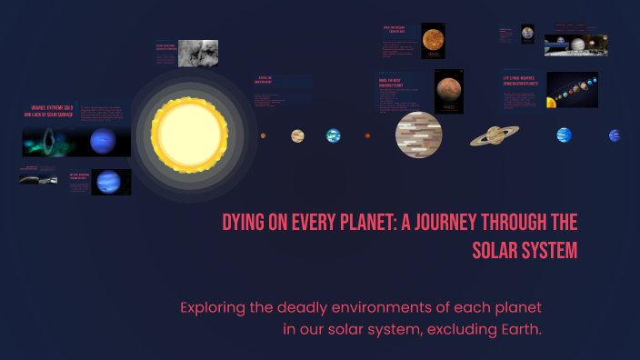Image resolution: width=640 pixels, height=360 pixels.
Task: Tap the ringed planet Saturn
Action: (x=495, y=135)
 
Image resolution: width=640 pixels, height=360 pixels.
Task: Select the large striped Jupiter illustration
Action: (x=418, y=135)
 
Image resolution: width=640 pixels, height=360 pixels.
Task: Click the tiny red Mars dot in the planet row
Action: (x=367, y=135)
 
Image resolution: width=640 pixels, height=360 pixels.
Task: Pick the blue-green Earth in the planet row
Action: (x=333, y=135)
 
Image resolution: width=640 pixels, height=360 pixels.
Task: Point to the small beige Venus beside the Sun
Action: (x=297, y=135)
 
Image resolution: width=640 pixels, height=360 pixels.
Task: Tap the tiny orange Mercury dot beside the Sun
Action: (x=264, y=135)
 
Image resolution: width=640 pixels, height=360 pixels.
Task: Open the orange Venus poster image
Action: (x=433, y=41)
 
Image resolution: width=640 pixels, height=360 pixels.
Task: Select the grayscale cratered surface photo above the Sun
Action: (x=198, y=54)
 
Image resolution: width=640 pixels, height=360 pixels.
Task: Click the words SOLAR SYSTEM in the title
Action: (x=525, y=251)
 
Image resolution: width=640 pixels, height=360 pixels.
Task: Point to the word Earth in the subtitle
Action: (x=519, y=328)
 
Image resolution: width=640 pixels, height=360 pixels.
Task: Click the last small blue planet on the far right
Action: (x=615, y=135)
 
